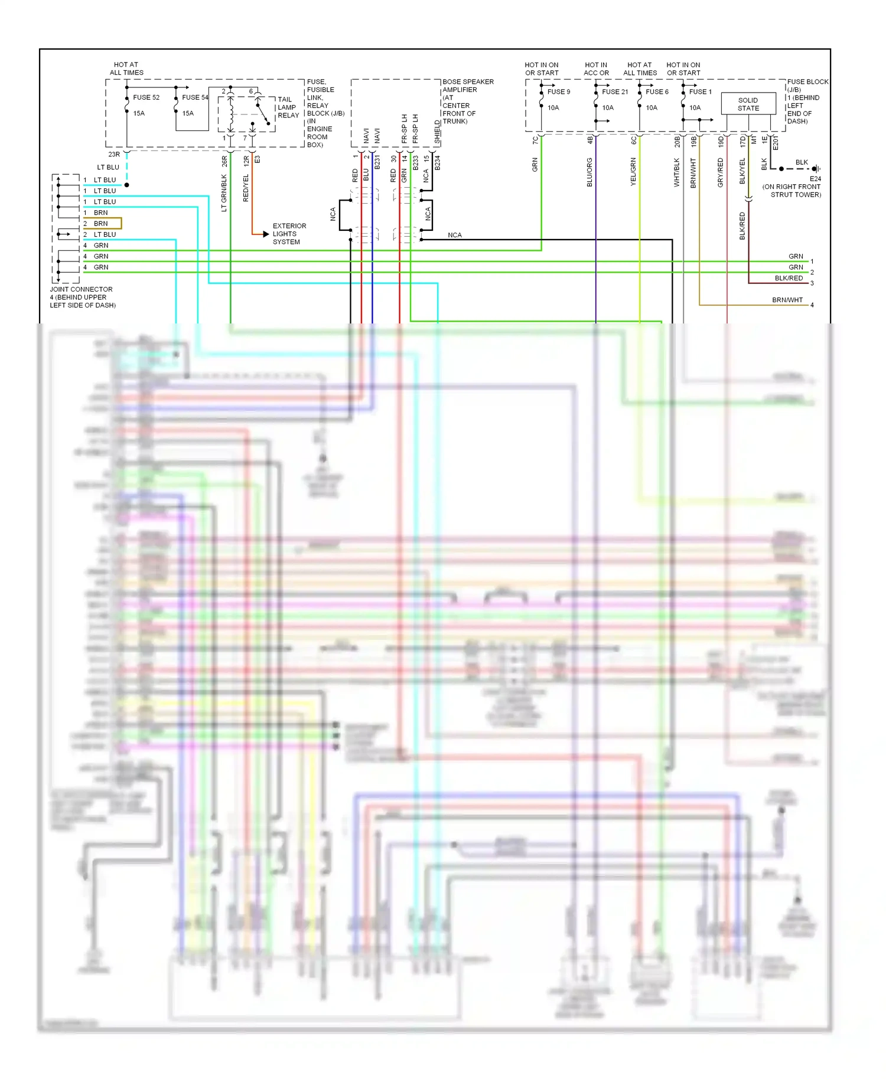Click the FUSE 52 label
tap(146, 97)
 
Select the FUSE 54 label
tap(195, 97)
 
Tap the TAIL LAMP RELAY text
tap(288, 107)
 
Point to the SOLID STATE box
tap(748, 104)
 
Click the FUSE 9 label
tap(559, 91)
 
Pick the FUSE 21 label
tap(615, 91)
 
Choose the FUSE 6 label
tap(657, 91)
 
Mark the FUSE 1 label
tap(701, 91)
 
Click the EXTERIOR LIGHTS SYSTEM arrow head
tap(265, 234)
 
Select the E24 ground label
tap(815, 178)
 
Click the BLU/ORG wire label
tap(589, 172)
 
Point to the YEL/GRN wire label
tap(633, 172)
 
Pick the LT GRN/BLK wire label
tap(224, 192)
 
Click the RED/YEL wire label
tap(246, 188)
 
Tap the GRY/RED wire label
tap(721, 173)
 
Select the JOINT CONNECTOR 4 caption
tap(82, 297)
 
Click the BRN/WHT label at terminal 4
tap(787, 300)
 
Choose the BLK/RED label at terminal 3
tap(789, 278)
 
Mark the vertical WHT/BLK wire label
tap(677, 172)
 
